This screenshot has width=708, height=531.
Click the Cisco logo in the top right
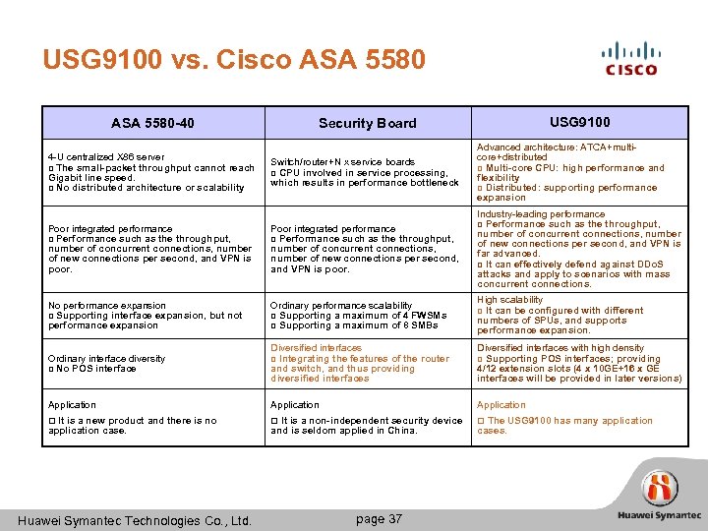pyautogui.click(x=630, y=58)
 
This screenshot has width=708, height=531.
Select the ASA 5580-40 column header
pyautogui.click(x=152, y=123)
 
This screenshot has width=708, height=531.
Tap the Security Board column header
pyautogui.click(x=367, y=123)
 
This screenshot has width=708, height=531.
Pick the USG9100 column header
pyautogui.click(x=580, y=122)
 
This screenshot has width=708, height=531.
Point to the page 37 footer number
pyautogui.click(x=379, y=518)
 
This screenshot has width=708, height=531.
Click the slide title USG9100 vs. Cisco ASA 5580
pyautogui.click(x=234, y=60)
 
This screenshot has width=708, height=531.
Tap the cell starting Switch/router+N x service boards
pyautogui.click(x=365, y=172)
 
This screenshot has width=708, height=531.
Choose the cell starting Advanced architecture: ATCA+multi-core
pyautogui.click(x=579, y=172)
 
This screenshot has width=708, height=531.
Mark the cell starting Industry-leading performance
pyautogui.click(x=579, y=249)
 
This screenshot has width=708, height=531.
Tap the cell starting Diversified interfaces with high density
pyautogui.click(x=579, y=363)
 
